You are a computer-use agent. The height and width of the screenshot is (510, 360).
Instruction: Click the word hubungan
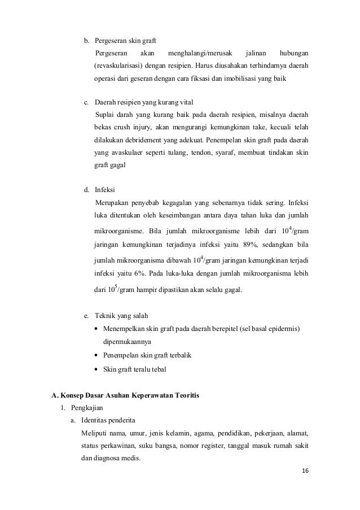295,53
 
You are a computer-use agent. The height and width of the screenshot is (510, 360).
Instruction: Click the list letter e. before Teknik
86,315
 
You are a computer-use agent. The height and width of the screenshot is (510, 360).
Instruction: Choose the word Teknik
105,315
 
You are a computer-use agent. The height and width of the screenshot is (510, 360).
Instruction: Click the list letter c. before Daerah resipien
86,102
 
